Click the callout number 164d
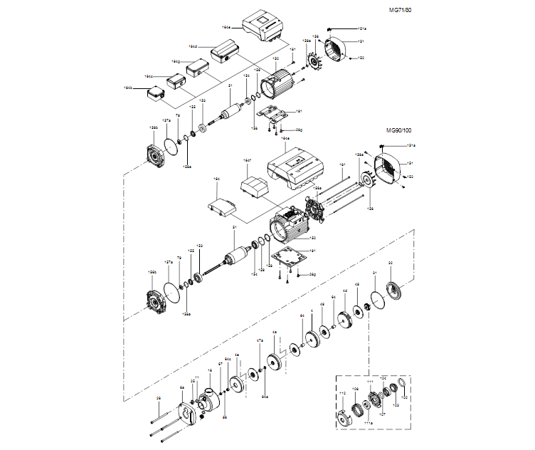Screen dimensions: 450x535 coord(193,46)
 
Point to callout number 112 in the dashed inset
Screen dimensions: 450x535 coord(341,392)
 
